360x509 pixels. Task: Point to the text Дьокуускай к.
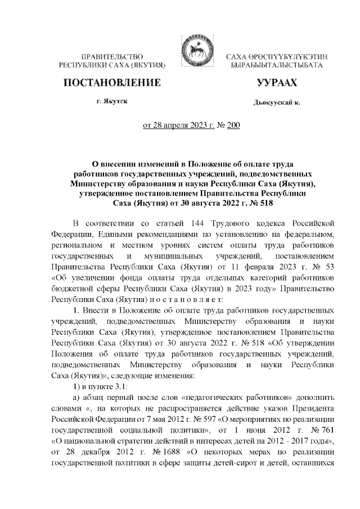click(276, 102)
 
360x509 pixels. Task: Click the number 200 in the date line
click(232, 125)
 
